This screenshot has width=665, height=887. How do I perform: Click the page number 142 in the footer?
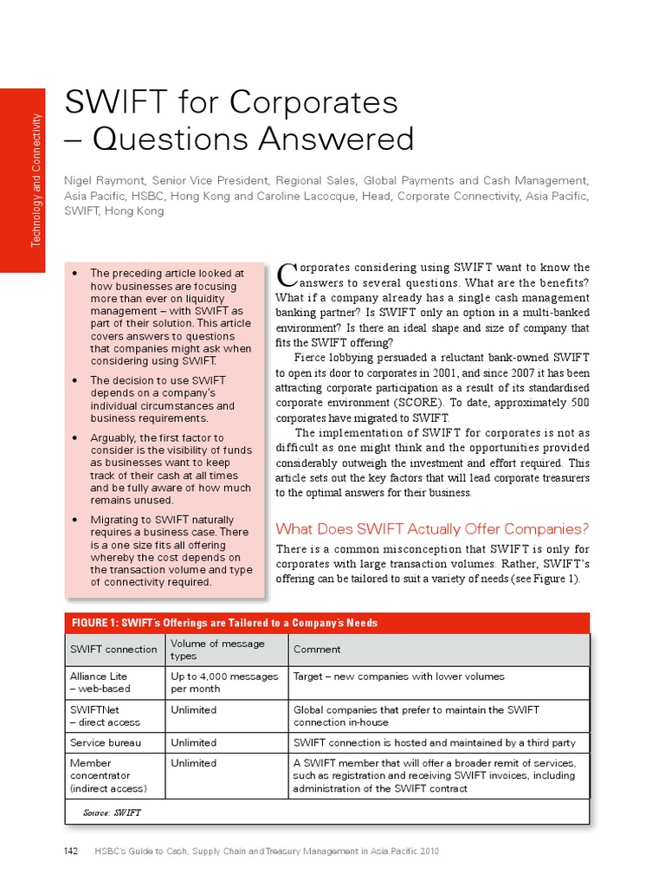point(72,851)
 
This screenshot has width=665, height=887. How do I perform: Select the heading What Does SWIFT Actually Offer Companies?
point(431,528)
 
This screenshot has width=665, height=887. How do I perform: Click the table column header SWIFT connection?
point(113,649)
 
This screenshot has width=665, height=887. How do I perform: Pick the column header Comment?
point(317,649)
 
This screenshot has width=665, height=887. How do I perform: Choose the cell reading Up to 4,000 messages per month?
point(224,683)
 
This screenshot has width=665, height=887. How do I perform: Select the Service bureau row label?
point(106,742)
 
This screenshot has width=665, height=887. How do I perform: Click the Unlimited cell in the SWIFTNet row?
point(193,709)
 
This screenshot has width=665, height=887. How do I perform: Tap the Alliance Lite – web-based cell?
point(100,683)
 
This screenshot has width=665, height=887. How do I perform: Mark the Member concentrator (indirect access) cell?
point(108,775)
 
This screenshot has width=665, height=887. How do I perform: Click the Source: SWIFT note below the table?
point(112,813)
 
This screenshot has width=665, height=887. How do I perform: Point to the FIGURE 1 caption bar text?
point(224,624)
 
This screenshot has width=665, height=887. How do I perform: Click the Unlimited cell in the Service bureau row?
point(193,742)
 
